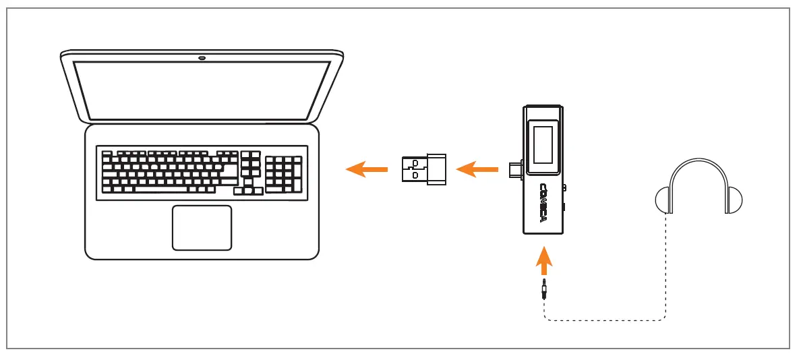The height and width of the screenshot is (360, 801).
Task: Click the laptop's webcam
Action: (202, 57)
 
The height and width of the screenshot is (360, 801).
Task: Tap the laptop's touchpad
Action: (202, 228)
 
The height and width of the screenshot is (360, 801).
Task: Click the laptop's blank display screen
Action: (202, 90)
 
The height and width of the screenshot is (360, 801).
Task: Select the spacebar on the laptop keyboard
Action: (162, 189)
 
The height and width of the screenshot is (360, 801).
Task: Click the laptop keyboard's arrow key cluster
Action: (248, 187)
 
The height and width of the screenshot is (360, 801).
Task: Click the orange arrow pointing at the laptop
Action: (366, 169)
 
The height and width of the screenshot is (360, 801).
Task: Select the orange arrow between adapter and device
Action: (476, 169)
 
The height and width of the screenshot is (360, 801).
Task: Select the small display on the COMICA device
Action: (543, 145)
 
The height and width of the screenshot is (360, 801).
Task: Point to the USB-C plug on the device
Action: (516, 169)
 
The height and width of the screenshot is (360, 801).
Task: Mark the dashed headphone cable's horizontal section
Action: (607, 319)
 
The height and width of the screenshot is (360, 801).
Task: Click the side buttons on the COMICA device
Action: (564, 199)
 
